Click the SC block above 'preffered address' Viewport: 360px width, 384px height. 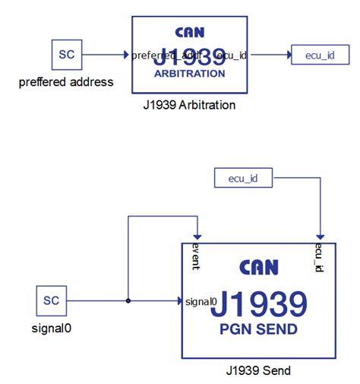pos(66,55)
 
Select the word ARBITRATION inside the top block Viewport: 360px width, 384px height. pos(189,75)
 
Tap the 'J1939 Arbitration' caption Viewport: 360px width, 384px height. pos(189,105)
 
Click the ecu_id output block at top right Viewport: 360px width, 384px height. pos(320,55)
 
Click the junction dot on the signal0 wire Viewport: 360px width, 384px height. pos(128,300)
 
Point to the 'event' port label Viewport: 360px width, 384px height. pos(196,256)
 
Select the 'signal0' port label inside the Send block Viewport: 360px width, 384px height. pos(201,301)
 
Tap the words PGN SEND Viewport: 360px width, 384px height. pos(258,331)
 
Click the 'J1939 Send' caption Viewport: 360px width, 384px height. pos(258,371)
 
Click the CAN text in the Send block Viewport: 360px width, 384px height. pos(258,268)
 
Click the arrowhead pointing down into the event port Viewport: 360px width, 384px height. pos(196,237)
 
